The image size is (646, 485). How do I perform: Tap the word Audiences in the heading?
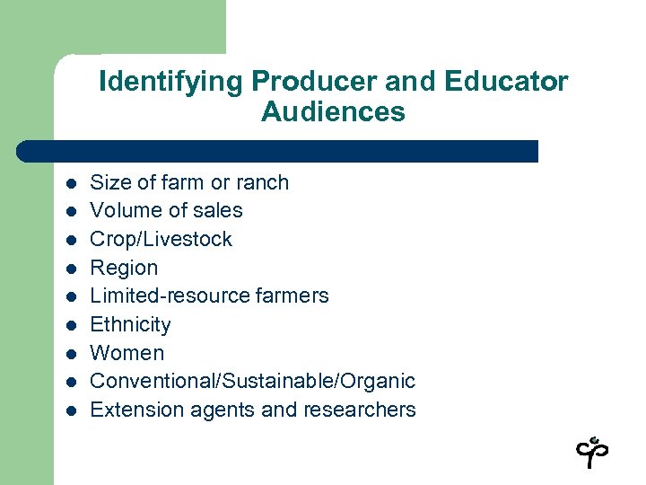coord(333,112)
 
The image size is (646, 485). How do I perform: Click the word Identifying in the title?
coord(171,82)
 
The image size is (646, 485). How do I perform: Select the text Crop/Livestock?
coord(161,239)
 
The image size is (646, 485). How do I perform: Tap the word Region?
coord(124,268)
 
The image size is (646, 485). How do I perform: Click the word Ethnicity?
coord(131,324)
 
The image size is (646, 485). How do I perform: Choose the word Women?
coord(127,353)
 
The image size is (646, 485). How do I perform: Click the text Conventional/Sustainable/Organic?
coord(253,381)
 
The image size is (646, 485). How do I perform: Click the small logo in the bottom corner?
coord(592,452)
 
